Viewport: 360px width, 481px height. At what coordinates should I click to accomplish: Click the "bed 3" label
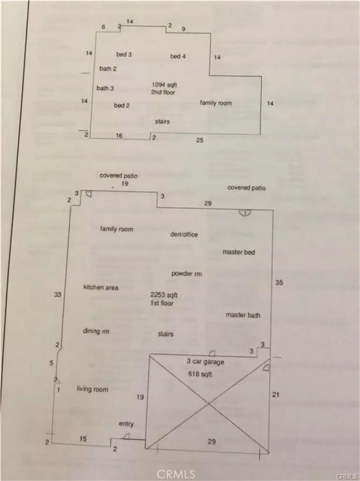pos(124,54)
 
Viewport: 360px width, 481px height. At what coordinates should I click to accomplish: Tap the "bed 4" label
pos(178,56)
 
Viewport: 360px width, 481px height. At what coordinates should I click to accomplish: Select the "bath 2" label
pos(108,69)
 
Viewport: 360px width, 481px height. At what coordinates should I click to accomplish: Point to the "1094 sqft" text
pos(164,85)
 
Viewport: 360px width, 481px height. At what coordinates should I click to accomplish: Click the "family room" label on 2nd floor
pos(216,103)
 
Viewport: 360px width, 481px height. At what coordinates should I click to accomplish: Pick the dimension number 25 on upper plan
pos(199,140)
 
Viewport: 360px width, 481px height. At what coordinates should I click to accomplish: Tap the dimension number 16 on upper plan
pos(119,136)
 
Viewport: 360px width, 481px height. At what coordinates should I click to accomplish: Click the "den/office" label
pos(184,234)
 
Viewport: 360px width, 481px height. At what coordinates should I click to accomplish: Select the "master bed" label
pos(238,252)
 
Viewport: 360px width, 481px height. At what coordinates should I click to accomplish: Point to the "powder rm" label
pos(187,274)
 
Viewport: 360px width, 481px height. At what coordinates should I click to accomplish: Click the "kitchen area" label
pos(100,287)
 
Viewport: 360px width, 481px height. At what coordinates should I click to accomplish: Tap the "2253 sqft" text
pos(164,295)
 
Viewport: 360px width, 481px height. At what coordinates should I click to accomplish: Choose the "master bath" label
pos(243,315)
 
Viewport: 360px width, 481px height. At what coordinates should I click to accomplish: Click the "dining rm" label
pos(96,331)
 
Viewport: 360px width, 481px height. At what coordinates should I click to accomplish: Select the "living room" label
pos(92,389)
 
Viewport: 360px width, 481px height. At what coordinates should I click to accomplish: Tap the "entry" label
pos(126,424)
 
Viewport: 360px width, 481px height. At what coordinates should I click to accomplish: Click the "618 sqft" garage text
pos(200,374)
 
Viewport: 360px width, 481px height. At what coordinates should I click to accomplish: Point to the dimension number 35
pos(279,282)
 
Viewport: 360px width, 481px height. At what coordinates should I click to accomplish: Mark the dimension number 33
pos(58,295)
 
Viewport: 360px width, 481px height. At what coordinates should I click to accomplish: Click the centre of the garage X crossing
pos(208,404)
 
